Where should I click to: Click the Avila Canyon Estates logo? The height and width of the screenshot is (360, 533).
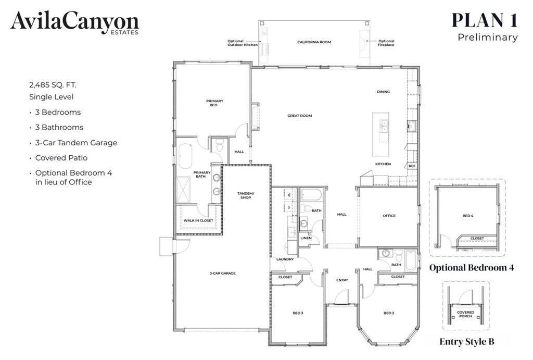coord(74,23)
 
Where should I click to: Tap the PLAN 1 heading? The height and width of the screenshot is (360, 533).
coord(484,19)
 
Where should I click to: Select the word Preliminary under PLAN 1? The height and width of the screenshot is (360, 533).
coord(487,38)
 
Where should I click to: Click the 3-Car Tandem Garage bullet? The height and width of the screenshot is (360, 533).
coord(76,143)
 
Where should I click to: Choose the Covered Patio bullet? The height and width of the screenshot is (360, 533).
coord(61,158)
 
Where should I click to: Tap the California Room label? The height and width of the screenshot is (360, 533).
coord(314,42)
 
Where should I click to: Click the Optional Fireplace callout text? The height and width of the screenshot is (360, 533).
coord(386,43)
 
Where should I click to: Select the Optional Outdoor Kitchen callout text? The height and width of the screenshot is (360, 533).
coord(243,43)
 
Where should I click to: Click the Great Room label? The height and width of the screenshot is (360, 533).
coord(299,116)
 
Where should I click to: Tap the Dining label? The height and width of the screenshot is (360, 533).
coord(383,92)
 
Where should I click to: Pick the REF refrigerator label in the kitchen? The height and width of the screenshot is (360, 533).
coord(412,166)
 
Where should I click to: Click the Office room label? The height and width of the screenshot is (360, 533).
coord(389,216)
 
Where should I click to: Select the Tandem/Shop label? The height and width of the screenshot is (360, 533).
coord(246,195)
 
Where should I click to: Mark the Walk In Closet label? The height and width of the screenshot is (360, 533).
coord(198,220)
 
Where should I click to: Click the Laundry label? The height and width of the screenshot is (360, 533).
coord(285,259)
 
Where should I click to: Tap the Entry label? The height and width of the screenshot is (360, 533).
coord(341,280)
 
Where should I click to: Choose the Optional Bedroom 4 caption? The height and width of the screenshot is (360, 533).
coord(472,268)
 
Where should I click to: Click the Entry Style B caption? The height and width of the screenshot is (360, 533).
coord(466,342)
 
